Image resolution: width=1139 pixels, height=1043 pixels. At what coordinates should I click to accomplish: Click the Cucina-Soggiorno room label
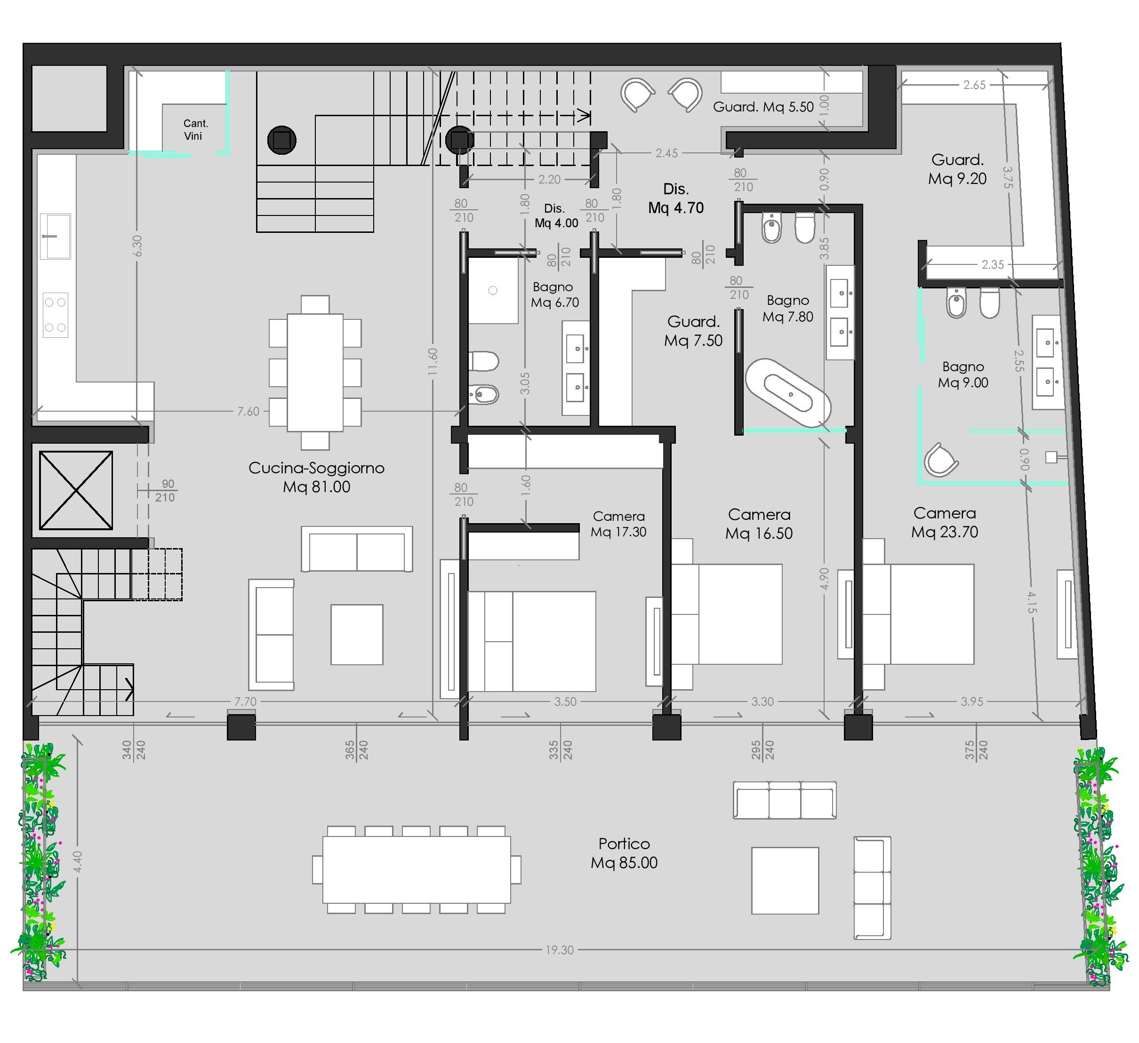click(316, 477)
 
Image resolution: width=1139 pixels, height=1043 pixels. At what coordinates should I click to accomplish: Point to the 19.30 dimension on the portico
click(559, 950)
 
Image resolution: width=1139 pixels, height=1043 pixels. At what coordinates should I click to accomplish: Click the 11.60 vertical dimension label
click(433, 362)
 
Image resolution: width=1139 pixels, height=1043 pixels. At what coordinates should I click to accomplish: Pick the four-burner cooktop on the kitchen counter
click(56, 315)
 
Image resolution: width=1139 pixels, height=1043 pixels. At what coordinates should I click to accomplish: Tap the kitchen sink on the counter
click(56, 236)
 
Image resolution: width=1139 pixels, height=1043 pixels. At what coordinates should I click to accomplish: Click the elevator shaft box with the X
click(76, 490)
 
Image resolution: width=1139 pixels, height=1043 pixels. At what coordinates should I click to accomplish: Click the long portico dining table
click(417, 870)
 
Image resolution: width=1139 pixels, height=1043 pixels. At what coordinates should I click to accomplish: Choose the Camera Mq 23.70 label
click(944, 522)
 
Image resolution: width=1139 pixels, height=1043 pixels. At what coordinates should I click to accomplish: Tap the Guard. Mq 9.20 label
click(957, 169)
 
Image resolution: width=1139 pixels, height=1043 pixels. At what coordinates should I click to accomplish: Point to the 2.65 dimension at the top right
click(974, 85)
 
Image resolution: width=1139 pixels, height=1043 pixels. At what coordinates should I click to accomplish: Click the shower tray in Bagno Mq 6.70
click(493, 291)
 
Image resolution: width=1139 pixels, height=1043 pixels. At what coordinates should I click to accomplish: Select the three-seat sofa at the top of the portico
click(784, 800)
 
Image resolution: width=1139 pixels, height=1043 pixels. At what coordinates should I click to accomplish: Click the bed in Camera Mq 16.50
click(727, 614)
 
